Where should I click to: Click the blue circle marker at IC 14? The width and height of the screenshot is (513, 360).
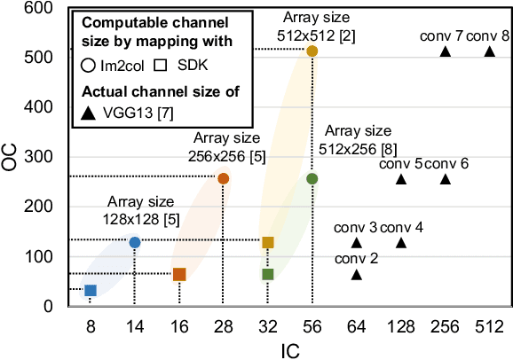click(x=134, y=242)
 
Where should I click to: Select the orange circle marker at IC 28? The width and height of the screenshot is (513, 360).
click(x=223, y=178)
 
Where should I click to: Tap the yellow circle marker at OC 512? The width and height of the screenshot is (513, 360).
click(x=312, y=51)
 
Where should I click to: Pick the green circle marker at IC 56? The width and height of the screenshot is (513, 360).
click(x=312, y=178)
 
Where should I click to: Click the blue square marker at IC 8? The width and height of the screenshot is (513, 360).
click(x=90, y=290)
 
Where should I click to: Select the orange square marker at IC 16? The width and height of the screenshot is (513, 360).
click(x=178, y=274)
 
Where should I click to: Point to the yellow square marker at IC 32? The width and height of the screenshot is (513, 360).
click(x=267, y=242)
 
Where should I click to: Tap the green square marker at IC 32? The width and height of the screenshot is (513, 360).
click(x=267, y=274)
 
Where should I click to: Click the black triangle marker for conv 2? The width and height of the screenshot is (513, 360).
click(x=356, y=274)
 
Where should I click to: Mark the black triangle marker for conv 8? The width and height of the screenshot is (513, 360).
click(x=489, y=51)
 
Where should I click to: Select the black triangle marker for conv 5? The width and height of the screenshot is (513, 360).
click(x=400, y=179)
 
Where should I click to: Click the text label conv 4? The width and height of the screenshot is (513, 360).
click(x=401, y=227)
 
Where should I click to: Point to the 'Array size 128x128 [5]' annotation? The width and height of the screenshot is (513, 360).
click(x=133, y=207)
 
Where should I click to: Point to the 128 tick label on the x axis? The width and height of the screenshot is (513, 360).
click(x=400, y=326)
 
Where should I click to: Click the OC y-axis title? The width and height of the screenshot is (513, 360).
click(x=10, y=156)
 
